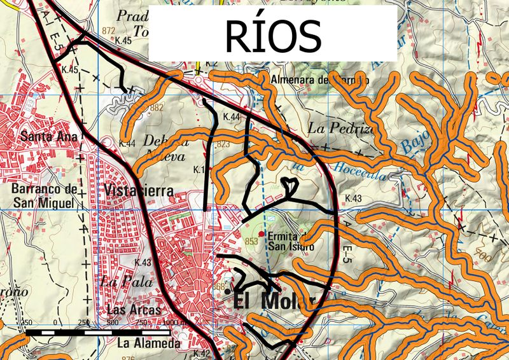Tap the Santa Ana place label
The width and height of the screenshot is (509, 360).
tap(49, 136)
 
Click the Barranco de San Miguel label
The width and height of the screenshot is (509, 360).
tap(43, 195)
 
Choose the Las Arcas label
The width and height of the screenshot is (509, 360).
tap(133, 310)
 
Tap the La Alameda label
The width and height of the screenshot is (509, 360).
tap(149, 343)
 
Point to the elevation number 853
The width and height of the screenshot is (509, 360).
tap(251, 241)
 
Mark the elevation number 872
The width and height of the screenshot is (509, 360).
tap(108, 31)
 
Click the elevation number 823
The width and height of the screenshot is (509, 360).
tap(223, 145)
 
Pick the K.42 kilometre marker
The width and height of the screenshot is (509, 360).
tap(201, 353)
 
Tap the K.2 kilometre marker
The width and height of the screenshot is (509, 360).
tap(211, 64)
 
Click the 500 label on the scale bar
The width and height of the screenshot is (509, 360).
tap(113, 323)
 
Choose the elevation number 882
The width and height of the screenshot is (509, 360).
tap(157, 107)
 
